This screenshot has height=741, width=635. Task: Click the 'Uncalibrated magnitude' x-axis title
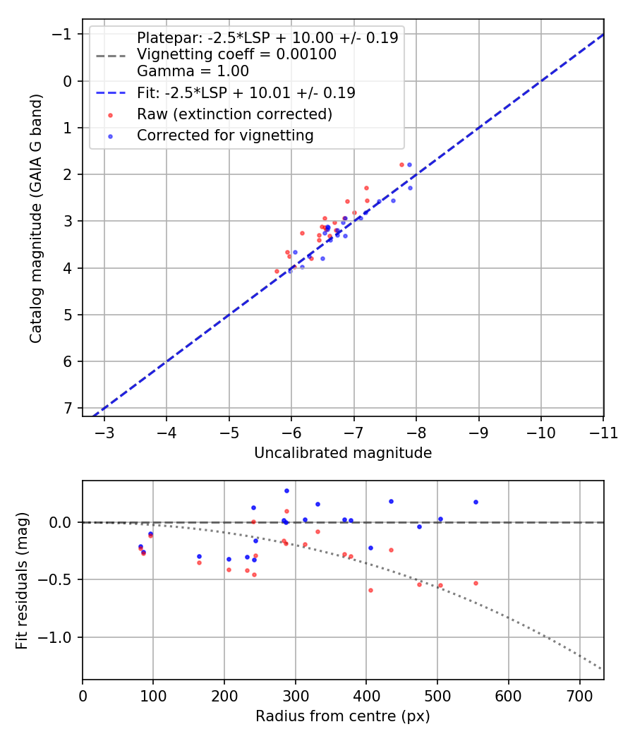[343, 453]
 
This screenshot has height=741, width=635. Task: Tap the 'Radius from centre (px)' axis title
[343, 716]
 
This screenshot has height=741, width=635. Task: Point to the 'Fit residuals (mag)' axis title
[22, 580]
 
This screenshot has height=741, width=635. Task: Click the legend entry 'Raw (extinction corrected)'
[235, 114]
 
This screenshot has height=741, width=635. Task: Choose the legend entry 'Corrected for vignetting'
[225, 135]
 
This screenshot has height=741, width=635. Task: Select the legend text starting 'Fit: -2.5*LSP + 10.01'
[246, 92]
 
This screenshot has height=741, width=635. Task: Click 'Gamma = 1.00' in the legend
[193, 71]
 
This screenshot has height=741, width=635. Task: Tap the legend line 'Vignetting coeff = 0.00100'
[236, 54]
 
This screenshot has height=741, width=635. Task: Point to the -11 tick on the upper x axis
[603, 432]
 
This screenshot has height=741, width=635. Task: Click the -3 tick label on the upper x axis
[104, 432]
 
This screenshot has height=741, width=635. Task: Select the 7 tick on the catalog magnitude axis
[68, 408]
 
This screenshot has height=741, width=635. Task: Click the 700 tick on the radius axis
[579, 695]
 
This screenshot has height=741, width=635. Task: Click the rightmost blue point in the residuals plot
[476, 502]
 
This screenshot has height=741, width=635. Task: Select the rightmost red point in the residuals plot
[476, 583]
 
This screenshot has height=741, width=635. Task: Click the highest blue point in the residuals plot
[286, 490]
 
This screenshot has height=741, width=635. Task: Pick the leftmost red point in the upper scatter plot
[277, 271]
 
